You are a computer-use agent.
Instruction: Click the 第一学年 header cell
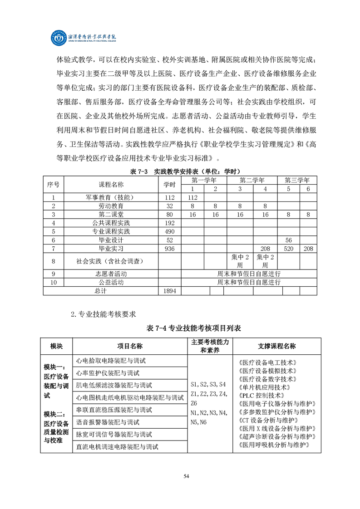(x=204, y=180)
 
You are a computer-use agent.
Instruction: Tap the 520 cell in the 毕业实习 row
(x=288, y=249)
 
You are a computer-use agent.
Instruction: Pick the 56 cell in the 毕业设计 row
(x=288, y=240)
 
